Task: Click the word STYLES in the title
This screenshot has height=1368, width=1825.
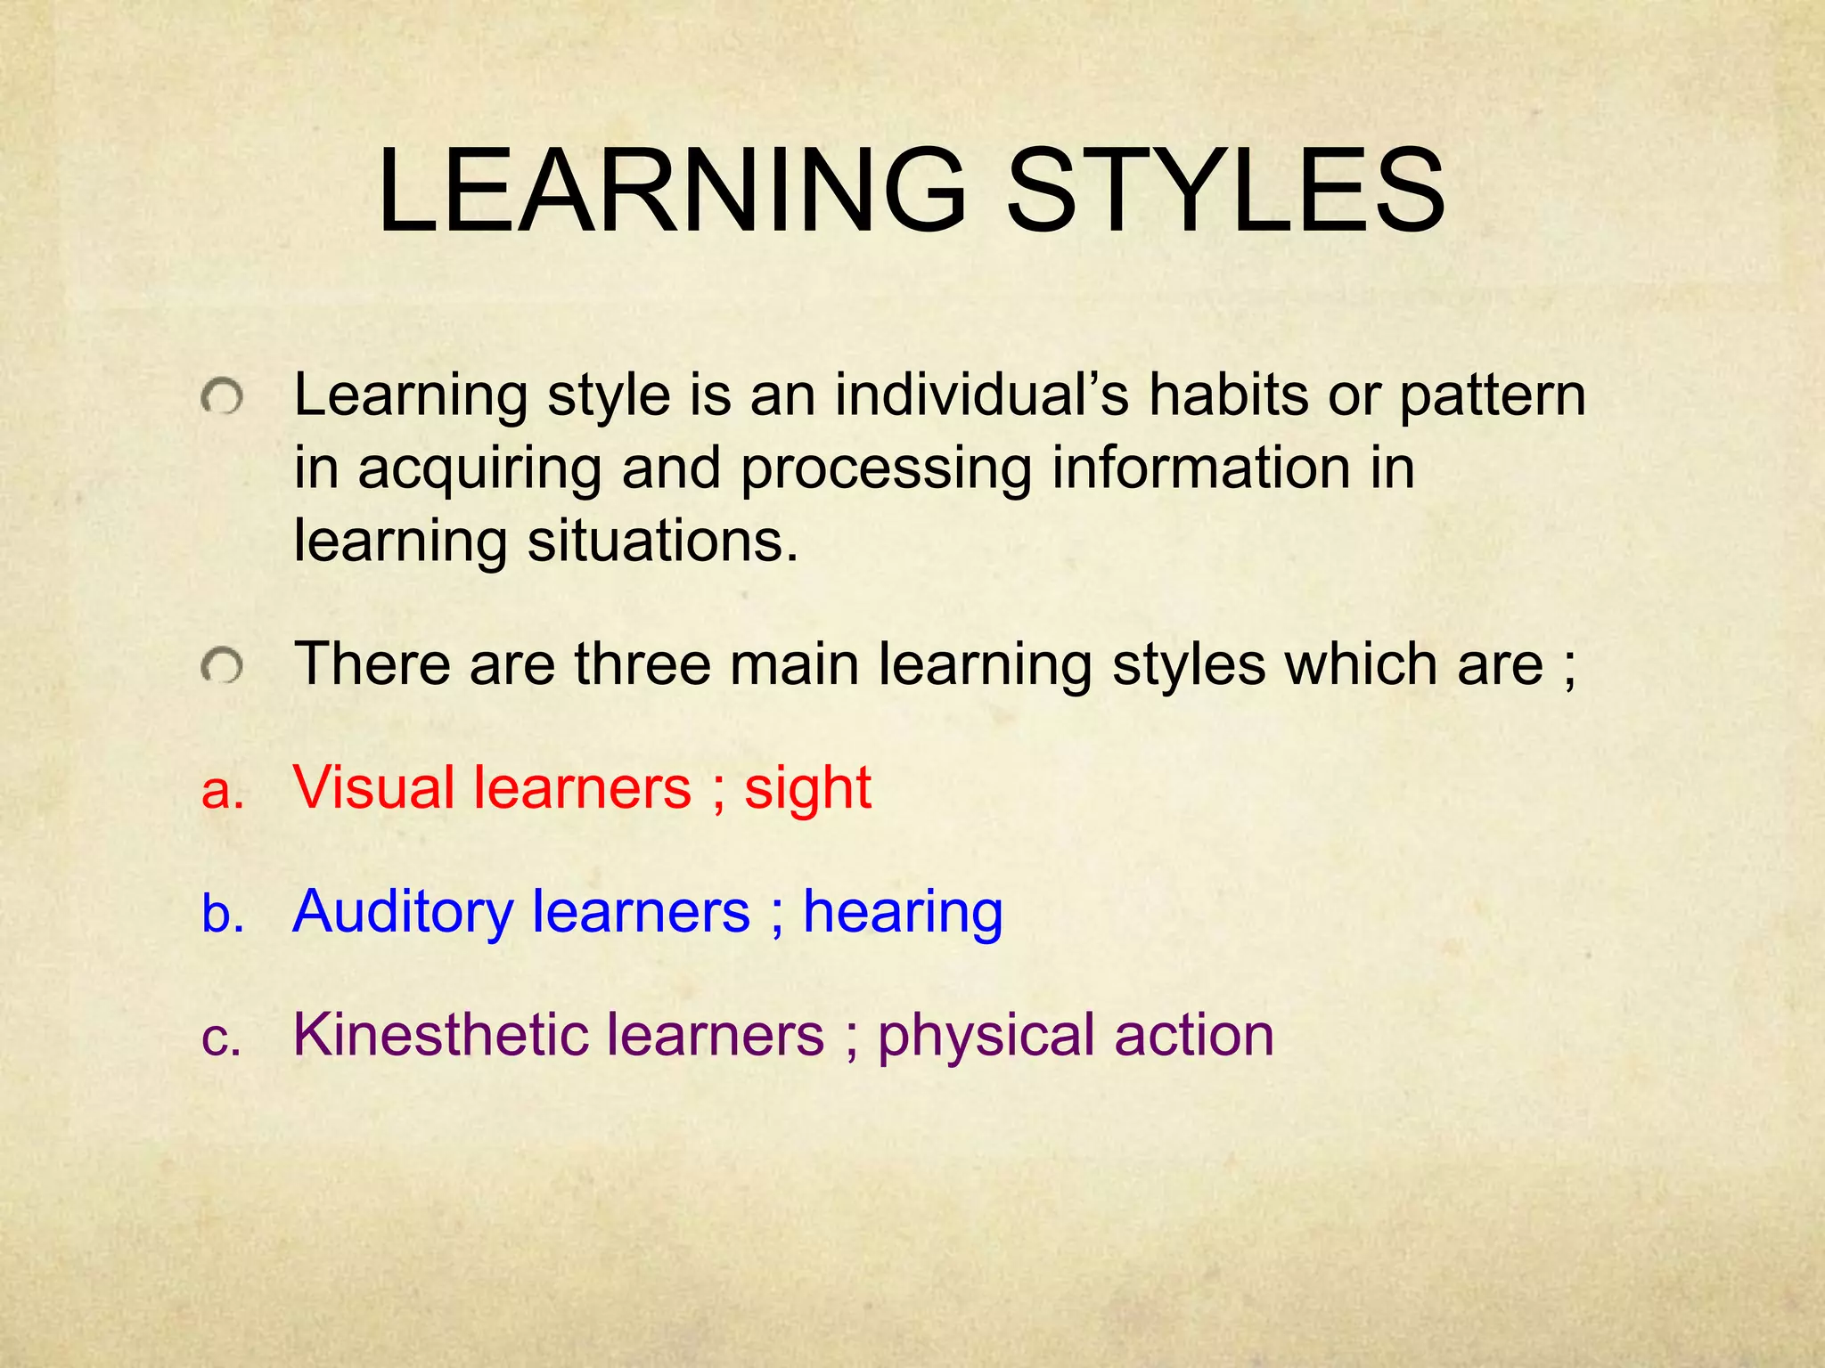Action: coord(1225,192)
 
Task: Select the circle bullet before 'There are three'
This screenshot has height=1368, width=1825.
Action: coord(221,666)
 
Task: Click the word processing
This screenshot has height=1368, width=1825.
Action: coord(886,470)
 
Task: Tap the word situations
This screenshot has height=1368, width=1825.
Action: coord(662,541)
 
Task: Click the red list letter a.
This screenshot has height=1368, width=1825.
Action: coord(222,791)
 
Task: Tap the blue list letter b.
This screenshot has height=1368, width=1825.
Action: coord(223,913)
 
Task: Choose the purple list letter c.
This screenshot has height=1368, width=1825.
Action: coord(221,1038)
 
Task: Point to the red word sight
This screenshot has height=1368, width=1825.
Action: coord(807,789)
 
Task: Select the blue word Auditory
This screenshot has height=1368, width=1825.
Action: coord(403,912)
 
